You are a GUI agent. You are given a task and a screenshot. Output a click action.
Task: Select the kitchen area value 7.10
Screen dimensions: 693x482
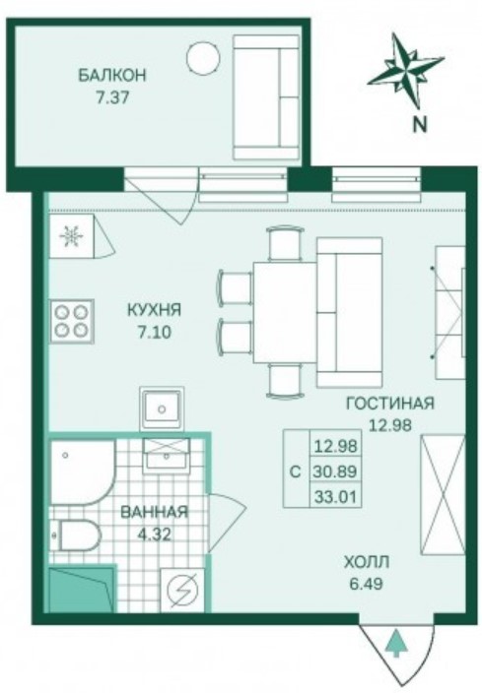155,332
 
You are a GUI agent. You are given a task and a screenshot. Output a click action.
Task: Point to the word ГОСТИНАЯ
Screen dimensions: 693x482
389,404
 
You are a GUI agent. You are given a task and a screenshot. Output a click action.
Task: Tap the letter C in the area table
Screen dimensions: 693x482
296,471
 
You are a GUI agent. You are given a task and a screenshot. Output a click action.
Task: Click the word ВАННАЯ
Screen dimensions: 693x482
155,512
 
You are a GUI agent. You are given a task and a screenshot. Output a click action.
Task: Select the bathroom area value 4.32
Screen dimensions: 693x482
156,533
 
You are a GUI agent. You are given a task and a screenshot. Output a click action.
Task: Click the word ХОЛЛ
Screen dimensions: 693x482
366,562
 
